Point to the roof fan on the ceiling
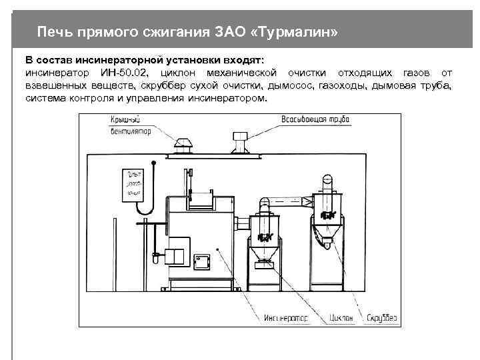(182, 143)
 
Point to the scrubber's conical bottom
(327, 233)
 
